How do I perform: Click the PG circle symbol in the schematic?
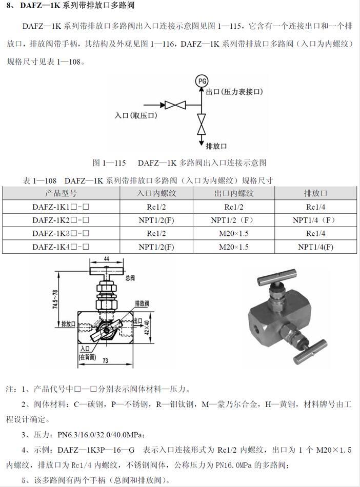(202, 82)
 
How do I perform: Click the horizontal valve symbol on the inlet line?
(175, 105)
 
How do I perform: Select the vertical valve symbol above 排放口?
(202, 124)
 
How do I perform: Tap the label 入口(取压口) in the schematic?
(136, 115)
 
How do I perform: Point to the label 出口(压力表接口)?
(234, 92)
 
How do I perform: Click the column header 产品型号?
(61, 193)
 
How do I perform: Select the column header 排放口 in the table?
(315, 193)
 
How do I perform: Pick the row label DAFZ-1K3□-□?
(61, 233)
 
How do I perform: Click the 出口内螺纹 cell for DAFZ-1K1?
(234, 207)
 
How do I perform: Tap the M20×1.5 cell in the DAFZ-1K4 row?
(234, 247)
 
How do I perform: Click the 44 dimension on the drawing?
(106, 259)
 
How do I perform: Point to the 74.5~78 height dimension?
(55, 299)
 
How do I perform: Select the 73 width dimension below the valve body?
(106, 360)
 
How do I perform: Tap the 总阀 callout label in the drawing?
(130, 278)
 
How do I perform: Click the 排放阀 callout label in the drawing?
(142, 303)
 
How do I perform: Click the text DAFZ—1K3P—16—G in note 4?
(96, 450)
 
